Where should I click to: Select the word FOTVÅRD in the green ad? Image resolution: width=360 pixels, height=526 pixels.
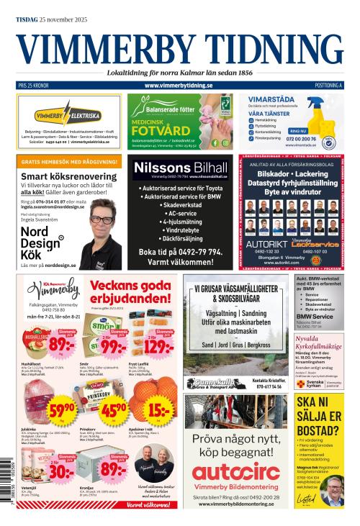click(x=156, y=129)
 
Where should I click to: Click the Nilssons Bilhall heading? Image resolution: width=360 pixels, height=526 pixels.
click(x=180, y=168)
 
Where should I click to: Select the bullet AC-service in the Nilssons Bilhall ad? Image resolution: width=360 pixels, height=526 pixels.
click(x=180, y=214)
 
